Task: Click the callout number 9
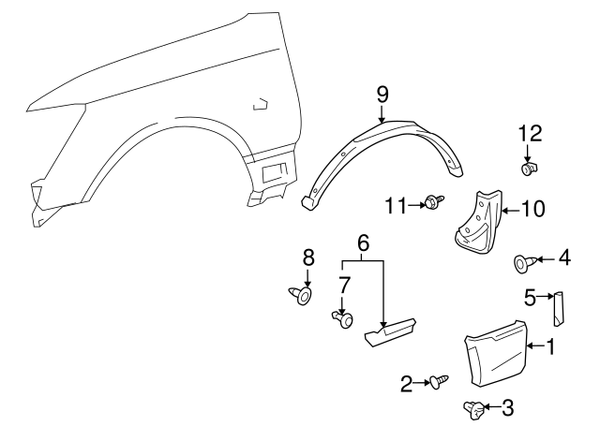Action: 382,94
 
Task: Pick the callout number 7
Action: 343,284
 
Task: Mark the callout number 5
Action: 531,297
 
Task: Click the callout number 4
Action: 563,257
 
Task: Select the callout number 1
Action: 550,346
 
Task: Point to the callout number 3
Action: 507,407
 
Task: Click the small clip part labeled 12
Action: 529,169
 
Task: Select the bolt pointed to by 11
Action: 433,201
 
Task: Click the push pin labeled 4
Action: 524,263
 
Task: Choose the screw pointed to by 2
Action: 439,381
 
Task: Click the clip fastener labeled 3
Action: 476,407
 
